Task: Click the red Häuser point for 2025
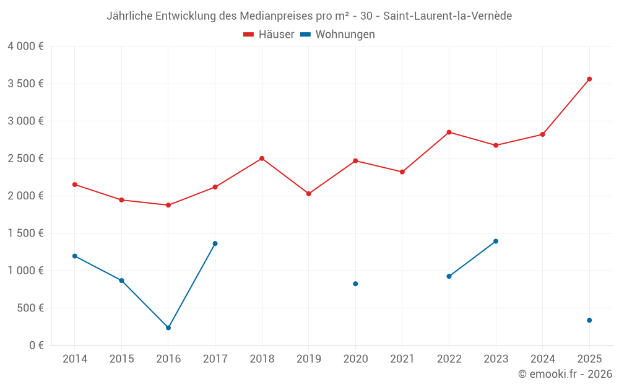[589, 79]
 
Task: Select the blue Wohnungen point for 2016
[168, 328]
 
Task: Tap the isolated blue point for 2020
[355, 284]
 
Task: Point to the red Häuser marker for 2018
[262, 159]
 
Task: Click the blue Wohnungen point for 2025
[589, 320]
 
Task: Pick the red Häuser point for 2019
[309, 194]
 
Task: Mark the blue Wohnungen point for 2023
[496, 241]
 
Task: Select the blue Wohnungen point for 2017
[215, 243]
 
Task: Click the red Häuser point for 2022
[449, 132]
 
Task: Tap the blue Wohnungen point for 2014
[75, 256]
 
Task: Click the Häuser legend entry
[269, 35]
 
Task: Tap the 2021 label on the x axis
[402, 359]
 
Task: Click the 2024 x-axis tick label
[543, 359]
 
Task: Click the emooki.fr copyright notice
[565, 374]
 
